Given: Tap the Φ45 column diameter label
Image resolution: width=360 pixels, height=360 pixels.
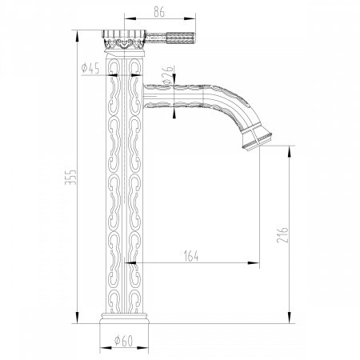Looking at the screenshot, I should [90, 67].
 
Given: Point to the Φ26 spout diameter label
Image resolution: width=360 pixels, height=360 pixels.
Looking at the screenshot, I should [166, 77].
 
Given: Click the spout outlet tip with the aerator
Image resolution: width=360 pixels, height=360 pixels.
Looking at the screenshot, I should [254, 140].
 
